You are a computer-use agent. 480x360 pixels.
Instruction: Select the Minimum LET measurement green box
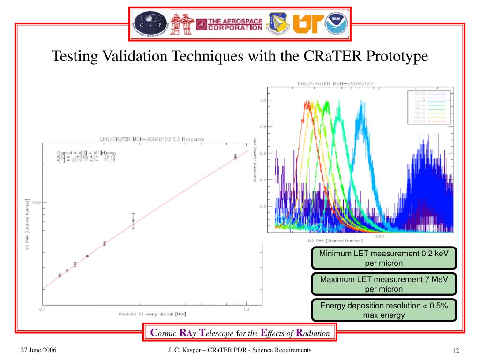[384, 258]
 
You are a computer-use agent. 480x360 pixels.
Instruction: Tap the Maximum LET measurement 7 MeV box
[384, 284]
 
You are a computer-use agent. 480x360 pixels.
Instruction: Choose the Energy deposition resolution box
[384, 310]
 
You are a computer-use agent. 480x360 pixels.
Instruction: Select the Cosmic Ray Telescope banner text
[240, 334]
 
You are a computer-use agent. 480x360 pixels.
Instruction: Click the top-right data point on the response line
[235, 157]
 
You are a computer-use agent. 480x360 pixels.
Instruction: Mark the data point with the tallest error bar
[133, 220]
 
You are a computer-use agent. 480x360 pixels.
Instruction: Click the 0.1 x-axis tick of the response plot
[43, 309]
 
